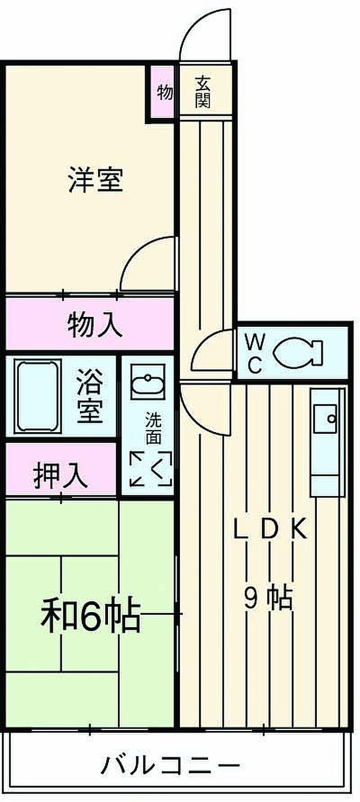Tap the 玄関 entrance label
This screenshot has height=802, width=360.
(x=203, y=92)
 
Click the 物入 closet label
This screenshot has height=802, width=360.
(x=95, y=325)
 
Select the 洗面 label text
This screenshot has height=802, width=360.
(x=152, y=428)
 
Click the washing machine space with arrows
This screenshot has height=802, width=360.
(x=151, y=468)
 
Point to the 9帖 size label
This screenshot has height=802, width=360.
(x=268, y=598)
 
